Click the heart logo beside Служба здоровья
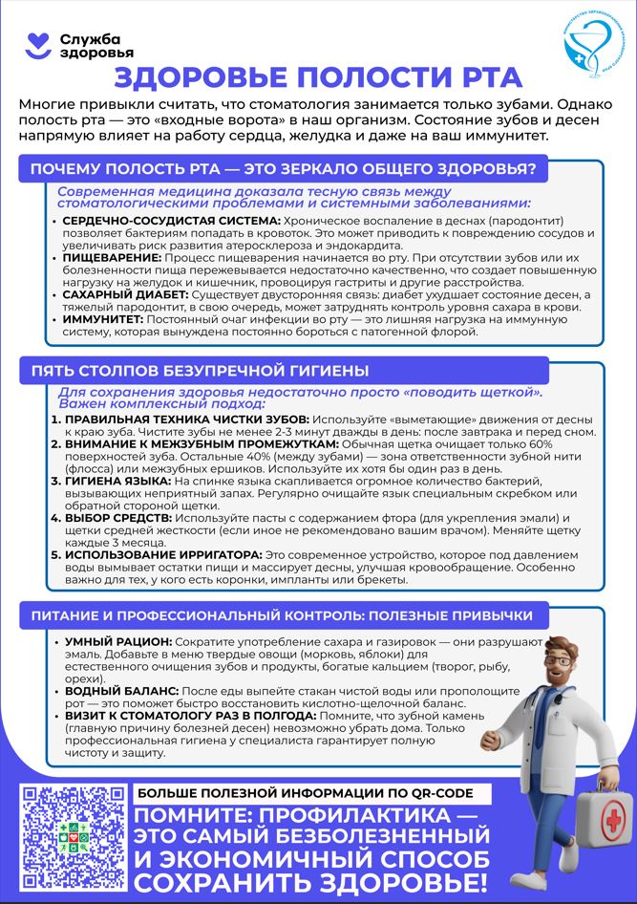click(x=35, y=43)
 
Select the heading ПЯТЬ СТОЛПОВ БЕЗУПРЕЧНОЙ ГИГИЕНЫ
click(x=201, y=370)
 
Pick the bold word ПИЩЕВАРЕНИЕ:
click(x=112, y=258)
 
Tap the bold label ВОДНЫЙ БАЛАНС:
click(x=120, y=690)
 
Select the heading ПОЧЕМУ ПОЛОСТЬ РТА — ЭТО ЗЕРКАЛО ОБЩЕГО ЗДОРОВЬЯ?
click(x=283, y=169)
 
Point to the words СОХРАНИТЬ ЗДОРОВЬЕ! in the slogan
click(x=310, y=880)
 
